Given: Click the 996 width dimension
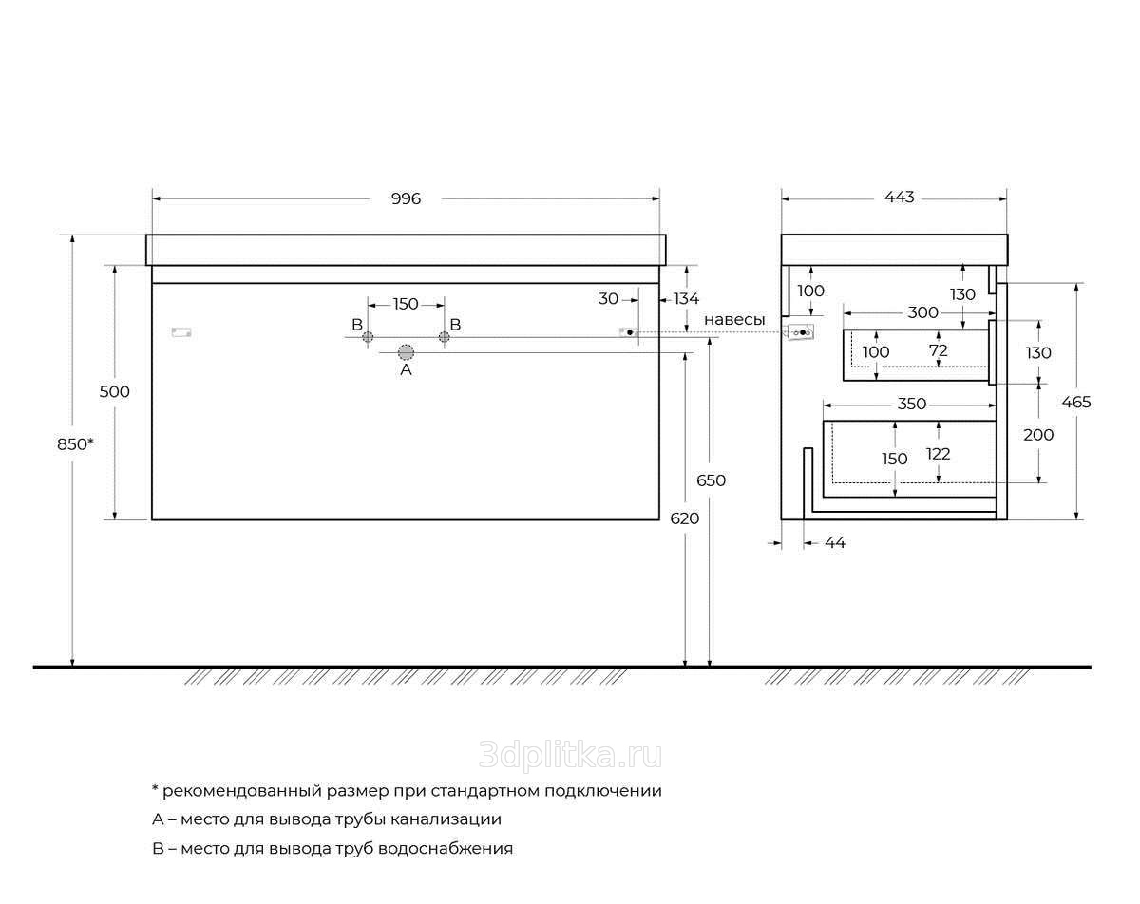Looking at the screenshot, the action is point(406,198).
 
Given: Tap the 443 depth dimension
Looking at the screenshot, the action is point(899,197).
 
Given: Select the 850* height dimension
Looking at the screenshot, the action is point(75,444).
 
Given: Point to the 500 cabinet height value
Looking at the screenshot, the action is point(114,391).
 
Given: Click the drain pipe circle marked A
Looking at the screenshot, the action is point(406,352).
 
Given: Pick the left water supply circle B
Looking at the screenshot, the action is point(368,337).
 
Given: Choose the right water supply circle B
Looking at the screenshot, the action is point(444,337).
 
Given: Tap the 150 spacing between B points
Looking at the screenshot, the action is point(406,304).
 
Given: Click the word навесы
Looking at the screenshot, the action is point(734,320).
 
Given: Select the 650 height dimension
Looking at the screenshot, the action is point(711,480).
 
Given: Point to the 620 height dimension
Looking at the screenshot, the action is point(684,518).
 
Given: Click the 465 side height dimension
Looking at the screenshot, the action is point(1076,402).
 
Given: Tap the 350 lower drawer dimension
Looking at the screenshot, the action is point(912,405).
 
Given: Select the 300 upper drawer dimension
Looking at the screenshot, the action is point(922,312).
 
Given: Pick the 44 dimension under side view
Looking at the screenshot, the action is point(835,543).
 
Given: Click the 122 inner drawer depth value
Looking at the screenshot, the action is point(939,454).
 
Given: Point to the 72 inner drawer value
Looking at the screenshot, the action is point(939,350).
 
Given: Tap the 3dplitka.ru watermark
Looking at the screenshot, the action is point(571,756).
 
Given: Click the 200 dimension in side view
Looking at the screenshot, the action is point(1038,435).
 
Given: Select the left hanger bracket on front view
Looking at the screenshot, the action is point(181,332).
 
